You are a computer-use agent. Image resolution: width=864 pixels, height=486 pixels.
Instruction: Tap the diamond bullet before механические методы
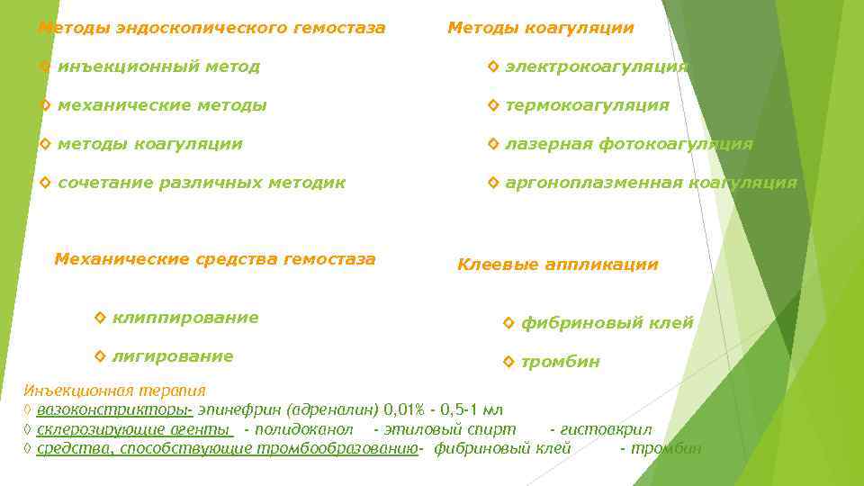[x=46, y=105]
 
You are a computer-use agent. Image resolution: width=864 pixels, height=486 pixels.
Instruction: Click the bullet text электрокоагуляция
[x=596, y=67]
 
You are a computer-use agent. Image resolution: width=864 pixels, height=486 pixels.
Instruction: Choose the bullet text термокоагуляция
[x=587, y=105]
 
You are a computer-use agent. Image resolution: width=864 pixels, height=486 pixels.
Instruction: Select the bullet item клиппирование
[x=185, y=317]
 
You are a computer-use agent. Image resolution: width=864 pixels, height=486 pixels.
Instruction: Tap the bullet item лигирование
[x=173, y=356]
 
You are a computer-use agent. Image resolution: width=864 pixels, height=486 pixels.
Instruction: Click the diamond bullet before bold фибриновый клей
[x=508, y=322]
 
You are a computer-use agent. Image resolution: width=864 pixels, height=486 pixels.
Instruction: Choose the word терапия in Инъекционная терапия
[x=173, y=391]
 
